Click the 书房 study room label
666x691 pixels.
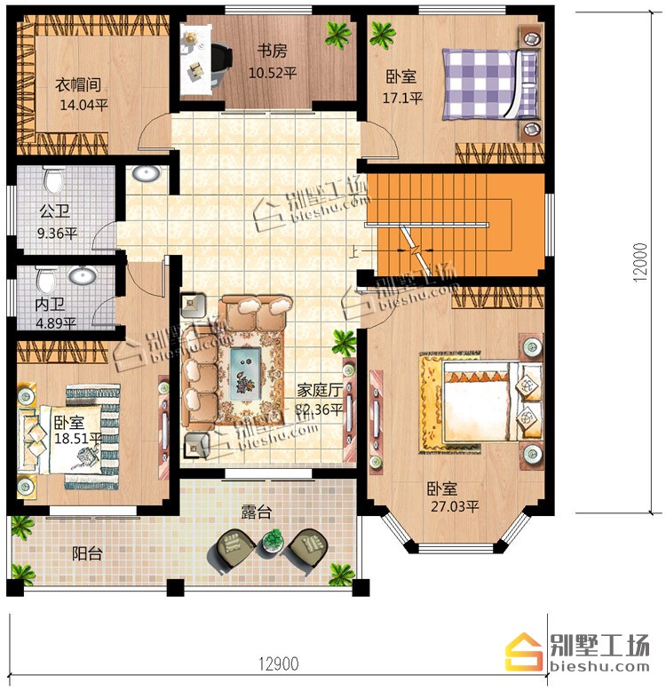[x=273, y=51]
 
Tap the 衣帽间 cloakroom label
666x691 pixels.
[x=78, y=84]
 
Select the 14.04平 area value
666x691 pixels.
[x=83, y=105]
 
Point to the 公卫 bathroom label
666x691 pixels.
[x=55, y=211]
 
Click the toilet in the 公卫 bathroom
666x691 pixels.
[x=54, y=179]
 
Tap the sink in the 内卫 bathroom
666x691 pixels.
[x=83, y=276]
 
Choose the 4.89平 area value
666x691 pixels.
[x=56, y=323]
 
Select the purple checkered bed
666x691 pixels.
[x=490, y=84]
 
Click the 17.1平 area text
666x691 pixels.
[x=402, y=98]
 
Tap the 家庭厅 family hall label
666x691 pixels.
[x=320, y=390]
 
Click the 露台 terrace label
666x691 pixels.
[x=256, y=512]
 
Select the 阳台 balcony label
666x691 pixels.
[x=87, y=553]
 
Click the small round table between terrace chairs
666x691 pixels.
[x=273, y=541]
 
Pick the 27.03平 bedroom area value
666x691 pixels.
[x=455, y=506]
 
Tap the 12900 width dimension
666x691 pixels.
[x=278, y=663]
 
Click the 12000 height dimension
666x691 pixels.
[x=640, y=263]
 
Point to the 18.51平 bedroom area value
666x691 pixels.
[x=78, y=439]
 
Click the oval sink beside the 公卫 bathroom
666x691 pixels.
[x=146, y=173]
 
